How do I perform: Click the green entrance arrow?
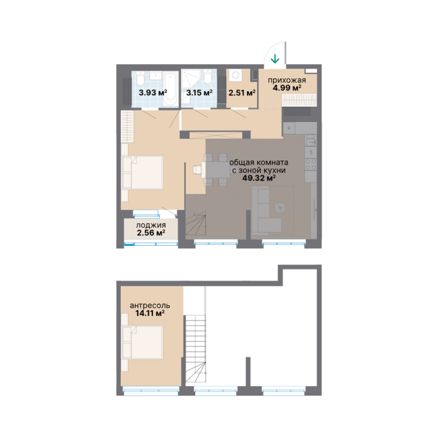pos(275,59)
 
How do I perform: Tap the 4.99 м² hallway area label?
pos(287,88)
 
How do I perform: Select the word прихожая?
pos(287,80)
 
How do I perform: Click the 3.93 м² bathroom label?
pos(153,92)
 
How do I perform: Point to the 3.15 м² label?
pos(199,92)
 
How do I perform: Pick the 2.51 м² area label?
pos(242,92)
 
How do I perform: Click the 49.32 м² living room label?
pos(259,178)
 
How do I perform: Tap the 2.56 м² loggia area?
pos(151,233)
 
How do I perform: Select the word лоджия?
pos(151,225)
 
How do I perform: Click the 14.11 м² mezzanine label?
pos(150,313)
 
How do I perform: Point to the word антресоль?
pos(150,306)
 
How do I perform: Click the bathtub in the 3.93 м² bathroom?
pos(171,89)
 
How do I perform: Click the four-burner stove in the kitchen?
pos(311,164)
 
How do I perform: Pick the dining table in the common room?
pos(217,169)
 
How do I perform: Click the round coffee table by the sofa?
pos(280,207)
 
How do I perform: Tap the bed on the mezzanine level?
pos(143,342)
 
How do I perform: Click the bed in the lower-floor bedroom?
pos(143,173)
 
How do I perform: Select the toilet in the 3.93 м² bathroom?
pos(140,79)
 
